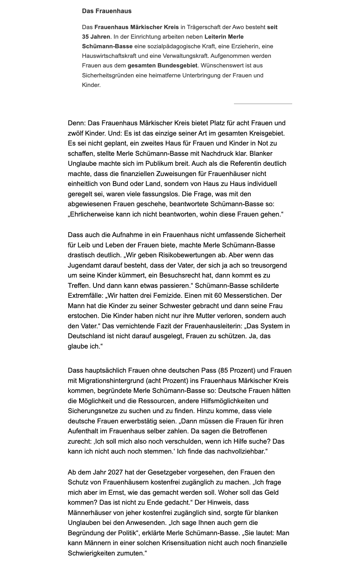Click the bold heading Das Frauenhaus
click(107, 11)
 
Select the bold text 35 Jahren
click(96, 37)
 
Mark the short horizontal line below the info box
click(263, 104)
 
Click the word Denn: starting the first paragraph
click(77, 123)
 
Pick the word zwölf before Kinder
click(76, 133)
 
